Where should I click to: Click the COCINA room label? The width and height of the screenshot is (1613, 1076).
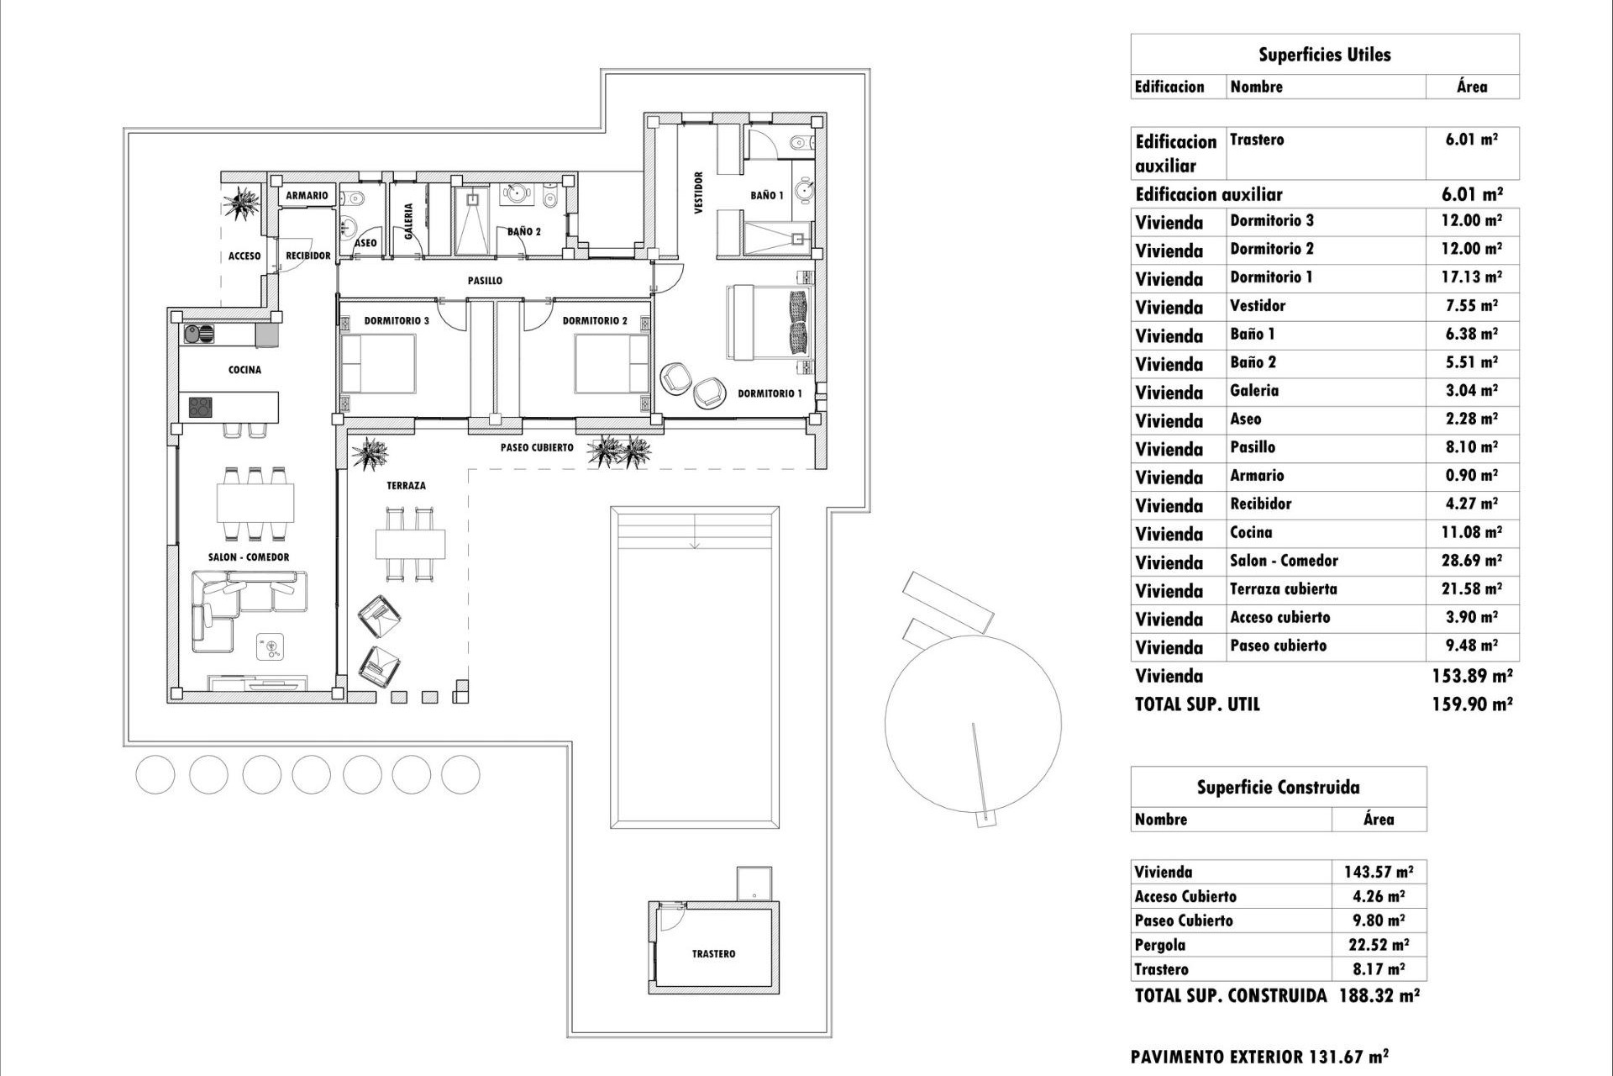point(244,370)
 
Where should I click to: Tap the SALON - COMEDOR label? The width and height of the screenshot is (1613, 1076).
point(249,557)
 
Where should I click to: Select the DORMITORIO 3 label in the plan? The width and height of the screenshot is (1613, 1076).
point(397,321)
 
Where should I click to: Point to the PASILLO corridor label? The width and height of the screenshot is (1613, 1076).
point(485,281)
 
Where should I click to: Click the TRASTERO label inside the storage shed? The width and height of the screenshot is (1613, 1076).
point(713,954)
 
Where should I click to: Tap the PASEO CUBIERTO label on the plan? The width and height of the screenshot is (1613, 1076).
point(537,448)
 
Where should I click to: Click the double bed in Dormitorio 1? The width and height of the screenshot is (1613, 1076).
point(769,323)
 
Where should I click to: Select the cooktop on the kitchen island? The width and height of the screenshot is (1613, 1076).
point(201,408)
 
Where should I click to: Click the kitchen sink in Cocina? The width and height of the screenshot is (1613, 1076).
point(200,334)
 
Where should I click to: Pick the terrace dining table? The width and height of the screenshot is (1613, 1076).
point(410,544)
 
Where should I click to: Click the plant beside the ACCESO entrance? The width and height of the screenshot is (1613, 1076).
point(244,203)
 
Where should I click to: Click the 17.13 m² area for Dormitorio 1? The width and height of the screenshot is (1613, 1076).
point(1471,277)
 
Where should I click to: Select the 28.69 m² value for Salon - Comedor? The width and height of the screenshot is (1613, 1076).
point(1471,561)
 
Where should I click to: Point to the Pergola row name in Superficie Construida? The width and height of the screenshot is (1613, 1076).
point(1160,945)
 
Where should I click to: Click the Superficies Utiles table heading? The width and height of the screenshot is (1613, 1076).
point(1324,55)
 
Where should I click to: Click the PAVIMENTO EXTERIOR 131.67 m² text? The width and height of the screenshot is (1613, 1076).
point(1258,1057)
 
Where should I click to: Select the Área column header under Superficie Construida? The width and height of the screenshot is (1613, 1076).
point(1379,820)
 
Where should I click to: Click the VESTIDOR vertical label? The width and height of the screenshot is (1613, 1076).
point(698,193)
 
